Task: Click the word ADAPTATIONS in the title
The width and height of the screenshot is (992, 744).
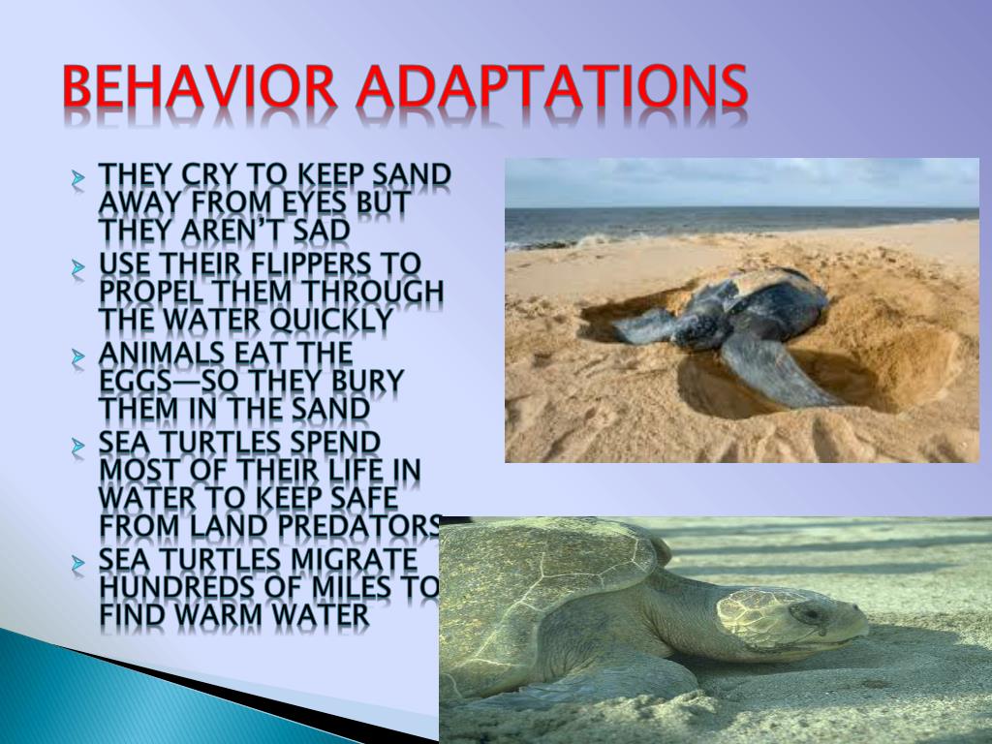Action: click(x=551, y=88)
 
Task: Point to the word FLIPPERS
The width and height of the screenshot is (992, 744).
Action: click(x=294, y=263)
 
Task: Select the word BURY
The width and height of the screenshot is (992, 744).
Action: click(x=360, y=381)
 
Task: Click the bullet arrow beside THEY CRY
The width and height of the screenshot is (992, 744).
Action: click(x=78, y=178)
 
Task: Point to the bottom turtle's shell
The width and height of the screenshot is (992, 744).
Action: click(x=542, y=581)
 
